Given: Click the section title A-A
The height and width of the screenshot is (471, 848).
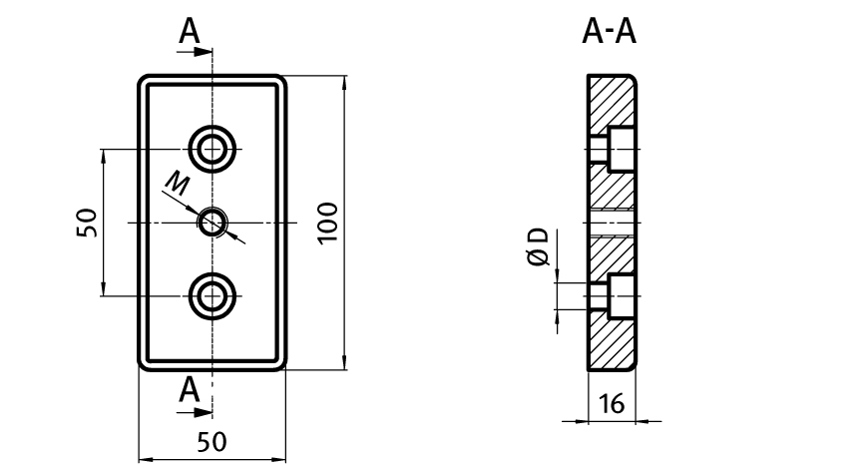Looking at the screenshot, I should click(x=610, y=32).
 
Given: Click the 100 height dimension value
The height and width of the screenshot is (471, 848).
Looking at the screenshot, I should click(x=329, y=222).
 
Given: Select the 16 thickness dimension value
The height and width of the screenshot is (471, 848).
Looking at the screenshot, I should click(x=612, y=404).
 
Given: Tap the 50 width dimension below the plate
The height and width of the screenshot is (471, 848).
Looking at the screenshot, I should click(x=212, y=440).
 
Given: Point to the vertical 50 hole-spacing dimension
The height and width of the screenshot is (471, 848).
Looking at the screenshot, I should click(x=87, y=222).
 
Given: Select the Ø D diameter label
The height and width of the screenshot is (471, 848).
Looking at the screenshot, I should click(x=539, y=246).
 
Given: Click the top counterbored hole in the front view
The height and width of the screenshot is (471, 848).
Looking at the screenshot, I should click(x=212, y=149).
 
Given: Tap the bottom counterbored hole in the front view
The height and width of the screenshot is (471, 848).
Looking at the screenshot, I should click(x=212, y=294).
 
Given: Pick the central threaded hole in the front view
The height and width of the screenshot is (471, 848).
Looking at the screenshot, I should click(x=212, y=222).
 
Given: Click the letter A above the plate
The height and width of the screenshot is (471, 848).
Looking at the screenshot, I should click(x=190, y=32).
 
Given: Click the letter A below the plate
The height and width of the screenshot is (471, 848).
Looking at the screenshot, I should click(x=190, y=390).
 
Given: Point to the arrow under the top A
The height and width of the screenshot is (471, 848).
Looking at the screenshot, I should click(x=198, y=51).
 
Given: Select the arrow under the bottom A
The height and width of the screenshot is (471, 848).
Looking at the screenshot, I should click(x=198, y=410).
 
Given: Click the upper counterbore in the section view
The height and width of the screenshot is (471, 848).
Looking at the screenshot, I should click(x=612, y=149).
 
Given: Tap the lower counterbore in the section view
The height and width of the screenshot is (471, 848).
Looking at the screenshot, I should click(x=612, y=294).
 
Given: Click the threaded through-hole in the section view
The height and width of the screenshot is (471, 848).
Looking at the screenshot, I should click(x=612, y=222).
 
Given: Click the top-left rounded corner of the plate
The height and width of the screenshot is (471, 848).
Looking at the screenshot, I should click(x=144, y=80).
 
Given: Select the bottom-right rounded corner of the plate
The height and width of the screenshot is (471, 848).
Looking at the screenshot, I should click(x=281, y=363).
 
